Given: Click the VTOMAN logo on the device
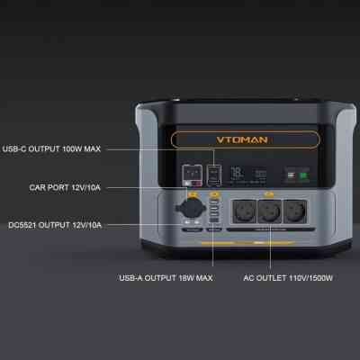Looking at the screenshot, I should (x=242, y=140).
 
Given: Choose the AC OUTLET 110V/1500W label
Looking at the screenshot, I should (x=288, y=279).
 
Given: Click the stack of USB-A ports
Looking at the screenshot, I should (x=216, y=216).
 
